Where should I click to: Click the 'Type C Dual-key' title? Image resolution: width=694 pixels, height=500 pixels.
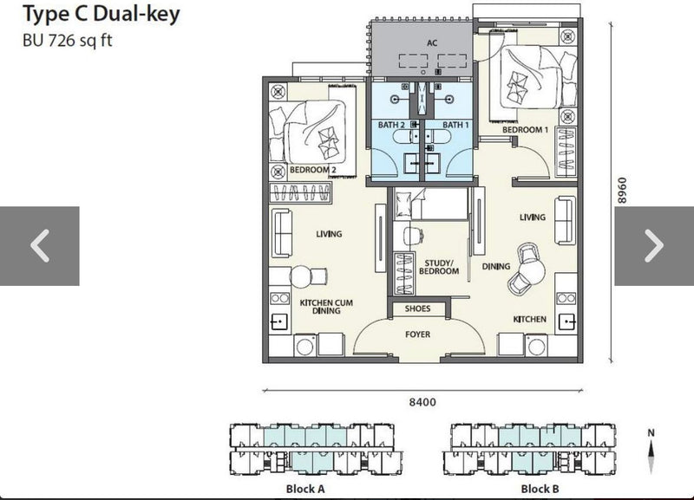(101, 14)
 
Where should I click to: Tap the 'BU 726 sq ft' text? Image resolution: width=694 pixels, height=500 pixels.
(68, 40)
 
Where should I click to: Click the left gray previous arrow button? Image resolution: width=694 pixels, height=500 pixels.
(40, 246)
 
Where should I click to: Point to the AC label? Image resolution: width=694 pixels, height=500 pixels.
(432, 42)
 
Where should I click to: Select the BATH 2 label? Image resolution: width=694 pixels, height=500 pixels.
(391, 125)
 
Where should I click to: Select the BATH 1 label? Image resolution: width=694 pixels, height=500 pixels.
(455, 125)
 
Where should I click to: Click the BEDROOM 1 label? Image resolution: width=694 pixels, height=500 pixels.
(525, 130)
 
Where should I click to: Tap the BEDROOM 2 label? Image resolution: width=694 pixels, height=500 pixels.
(313, 170)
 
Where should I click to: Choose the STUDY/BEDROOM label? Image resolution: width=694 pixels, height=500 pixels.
(439, 267)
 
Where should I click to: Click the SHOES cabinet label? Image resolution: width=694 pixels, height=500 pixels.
(417, 308)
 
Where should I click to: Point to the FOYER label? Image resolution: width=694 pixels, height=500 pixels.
(417, 334)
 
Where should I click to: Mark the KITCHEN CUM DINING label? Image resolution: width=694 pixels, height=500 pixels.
(326, 307)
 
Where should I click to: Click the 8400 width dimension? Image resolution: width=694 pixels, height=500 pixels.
(422, 402)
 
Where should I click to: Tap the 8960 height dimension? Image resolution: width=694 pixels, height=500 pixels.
(622, 191)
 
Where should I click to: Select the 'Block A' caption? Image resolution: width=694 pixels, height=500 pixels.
(305, 489)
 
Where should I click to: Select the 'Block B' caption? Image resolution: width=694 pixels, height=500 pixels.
(540, 489)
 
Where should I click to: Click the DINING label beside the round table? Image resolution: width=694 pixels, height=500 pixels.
(495, 267)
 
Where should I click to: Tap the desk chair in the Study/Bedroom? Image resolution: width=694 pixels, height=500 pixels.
(412, 235)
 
